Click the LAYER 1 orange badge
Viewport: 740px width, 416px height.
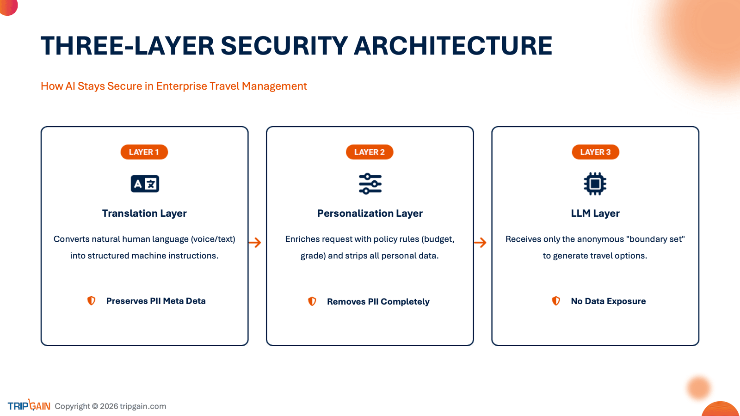(x=144, y=152)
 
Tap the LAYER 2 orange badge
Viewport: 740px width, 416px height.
(x=370, y=152)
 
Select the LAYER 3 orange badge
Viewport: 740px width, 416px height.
(x=595, y=152)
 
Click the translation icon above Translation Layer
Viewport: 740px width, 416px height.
(x=145, y=184)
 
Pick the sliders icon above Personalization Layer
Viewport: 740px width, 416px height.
(x=370, y=184)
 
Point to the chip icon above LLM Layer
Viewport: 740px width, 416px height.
(x=595, y=184)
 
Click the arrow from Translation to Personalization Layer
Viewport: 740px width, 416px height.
(x=255, y=243)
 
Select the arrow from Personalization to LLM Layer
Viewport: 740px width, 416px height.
(x=480, y=243)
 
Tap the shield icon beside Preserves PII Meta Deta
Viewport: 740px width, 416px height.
(x=91, y=301)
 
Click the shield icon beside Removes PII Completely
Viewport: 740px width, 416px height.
(x=312, y=301)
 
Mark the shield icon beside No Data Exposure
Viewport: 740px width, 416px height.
(x=556, y=301)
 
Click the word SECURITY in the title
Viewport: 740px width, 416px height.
(x=284, y=46)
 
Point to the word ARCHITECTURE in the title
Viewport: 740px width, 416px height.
(x=453, y=46)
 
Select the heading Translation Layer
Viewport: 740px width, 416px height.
(x=144, y=213)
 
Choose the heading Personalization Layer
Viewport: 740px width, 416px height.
(x=370, y=213)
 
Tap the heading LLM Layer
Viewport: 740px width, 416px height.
(x=595, y=213)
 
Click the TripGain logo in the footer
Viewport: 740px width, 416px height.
(x=29, y=405)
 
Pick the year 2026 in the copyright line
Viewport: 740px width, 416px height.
(x=109, y=406)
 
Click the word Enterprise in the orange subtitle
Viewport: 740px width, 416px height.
(x=181, y=86)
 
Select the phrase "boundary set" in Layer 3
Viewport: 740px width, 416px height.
(x=655, y=239)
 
